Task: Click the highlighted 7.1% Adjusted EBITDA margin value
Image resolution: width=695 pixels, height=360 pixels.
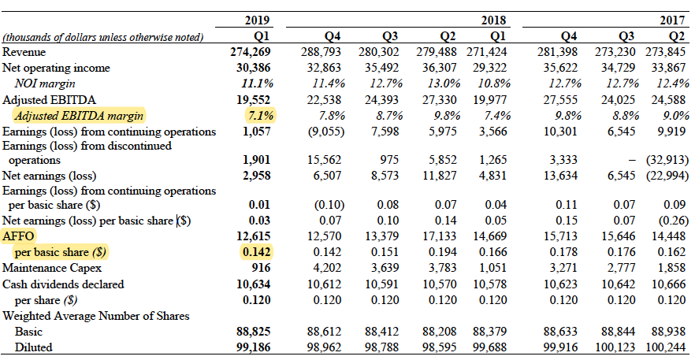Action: tap(260, 115)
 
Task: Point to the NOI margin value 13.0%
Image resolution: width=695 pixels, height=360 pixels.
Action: tap(442, 84)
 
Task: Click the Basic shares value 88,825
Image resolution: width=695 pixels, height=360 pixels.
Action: tap(256, 332)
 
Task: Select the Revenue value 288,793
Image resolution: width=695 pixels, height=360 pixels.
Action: tap(325, 52)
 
